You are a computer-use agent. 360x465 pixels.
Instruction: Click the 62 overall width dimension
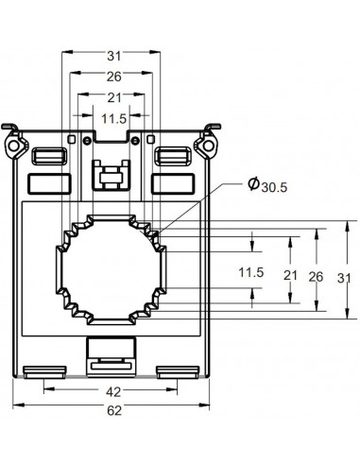coord(111,410)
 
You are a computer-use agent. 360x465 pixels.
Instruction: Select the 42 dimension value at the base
coord(111,391)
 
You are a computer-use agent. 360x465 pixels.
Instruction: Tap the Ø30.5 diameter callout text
coord(266,187)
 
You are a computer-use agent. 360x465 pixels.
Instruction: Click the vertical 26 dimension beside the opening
coord(317,277)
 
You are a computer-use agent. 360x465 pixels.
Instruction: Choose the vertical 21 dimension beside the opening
coord(290,277)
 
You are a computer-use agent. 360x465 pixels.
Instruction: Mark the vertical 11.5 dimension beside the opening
coord(249,273)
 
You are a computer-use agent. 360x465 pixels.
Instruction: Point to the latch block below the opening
coord(111,353)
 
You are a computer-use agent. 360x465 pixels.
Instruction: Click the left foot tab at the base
coord(41,370)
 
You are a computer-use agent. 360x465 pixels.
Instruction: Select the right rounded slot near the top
coord(172,155)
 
